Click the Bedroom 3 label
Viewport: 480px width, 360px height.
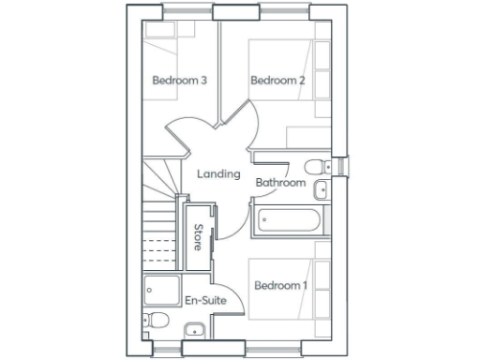tap(179, 81)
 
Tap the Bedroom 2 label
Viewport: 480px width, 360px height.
tap(277, 81)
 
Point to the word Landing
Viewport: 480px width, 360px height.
tap(217, 174)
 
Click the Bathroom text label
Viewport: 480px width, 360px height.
tap(281, 183)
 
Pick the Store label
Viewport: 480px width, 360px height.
tap(198, 237)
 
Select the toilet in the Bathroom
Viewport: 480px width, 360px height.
tap(318, 165)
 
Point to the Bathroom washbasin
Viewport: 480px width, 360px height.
tap(322, 190)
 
